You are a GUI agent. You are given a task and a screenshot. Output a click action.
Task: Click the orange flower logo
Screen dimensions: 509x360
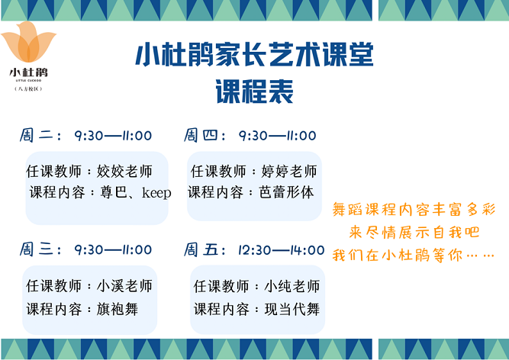tap(28, 42)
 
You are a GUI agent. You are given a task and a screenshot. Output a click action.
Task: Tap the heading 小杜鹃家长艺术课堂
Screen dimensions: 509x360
tap(255, 54)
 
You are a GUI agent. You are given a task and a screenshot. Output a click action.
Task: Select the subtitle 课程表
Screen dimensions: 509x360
tap(255, 91)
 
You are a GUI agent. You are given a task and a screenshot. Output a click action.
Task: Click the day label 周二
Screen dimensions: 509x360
tap(36, 135)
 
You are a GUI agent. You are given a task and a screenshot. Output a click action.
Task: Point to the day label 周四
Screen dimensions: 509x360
tap(200, 135)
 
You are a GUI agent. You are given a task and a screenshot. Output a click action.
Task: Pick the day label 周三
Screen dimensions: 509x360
tap(36, 249)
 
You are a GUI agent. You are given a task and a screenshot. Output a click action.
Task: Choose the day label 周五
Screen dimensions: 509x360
tap(200, 249)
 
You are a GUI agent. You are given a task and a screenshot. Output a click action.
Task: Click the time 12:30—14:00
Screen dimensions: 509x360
tap(281, 250)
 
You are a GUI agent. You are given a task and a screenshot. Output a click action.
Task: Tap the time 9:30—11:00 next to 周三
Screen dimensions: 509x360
tap(113, 249)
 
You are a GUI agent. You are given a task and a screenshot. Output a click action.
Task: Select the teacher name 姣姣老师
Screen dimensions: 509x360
tap(124, 171)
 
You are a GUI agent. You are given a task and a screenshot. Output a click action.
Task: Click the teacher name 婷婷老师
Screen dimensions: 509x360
tap(289, 171)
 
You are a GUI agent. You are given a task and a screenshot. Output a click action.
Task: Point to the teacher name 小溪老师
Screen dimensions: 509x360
tap(124, 286)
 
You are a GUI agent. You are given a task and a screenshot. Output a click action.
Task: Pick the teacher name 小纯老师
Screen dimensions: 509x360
tap(292, 286)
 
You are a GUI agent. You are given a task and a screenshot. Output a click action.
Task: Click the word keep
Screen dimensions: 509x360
tap(156, 193)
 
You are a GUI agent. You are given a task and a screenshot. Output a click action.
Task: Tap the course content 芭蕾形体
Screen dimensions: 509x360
tap(286, 192)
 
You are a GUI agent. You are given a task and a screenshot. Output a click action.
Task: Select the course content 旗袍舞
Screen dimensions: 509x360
tap(118, 309)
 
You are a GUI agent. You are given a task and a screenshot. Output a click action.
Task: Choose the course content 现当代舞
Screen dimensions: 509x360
tap(292, 309)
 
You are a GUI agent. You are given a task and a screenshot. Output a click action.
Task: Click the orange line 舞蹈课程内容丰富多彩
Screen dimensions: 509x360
tap(414, 210)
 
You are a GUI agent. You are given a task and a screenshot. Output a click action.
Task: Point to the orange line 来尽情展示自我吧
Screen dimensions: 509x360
tap(414, 232)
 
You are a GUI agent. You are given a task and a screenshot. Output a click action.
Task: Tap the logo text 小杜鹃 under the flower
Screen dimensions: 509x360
tap(28, 72)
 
